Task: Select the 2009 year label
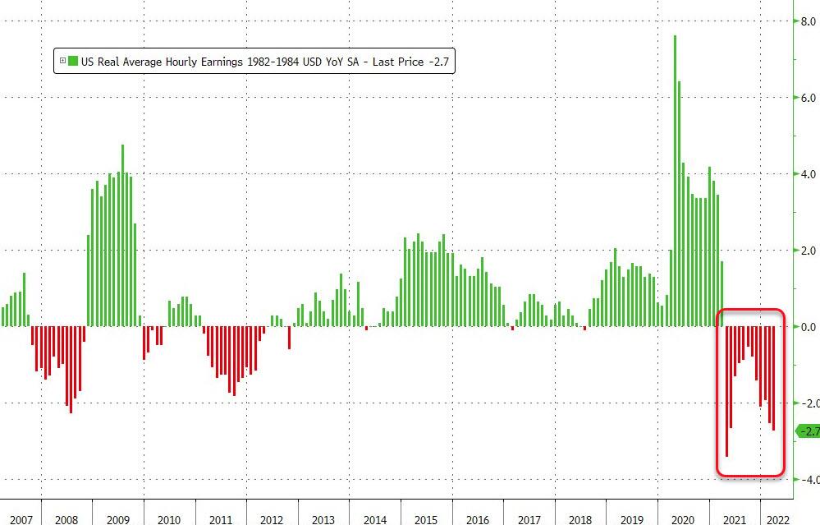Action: pyautogui.click(x=117, y=520)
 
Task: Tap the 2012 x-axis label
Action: pyautogui.click(x=272, y=520)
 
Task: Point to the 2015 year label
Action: pyautogui.click(x=426, y=520)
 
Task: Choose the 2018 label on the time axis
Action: pyautogui.click(x=580, y=520)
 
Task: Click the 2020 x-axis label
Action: pyautogui.click(x=683, y=520)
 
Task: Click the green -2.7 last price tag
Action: pyautogui.click(x=809, y=431)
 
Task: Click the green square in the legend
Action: pyautogui.click(x=73, y=61)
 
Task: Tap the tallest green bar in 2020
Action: pyautogui.click(x=675, y=181)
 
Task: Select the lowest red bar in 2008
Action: pyautogui.click(x=71, y=370)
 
